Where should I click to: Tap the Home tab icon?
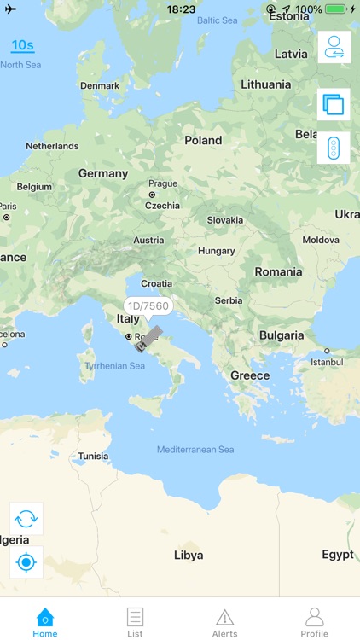tap(44, 617)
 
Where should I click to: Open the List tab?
tap(135, 617)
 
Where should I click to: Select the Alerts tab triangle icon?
tap(224, 617)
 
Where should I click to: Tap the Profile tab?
tap(314, 617)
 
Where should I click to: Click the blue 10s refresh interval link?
tap(22, 45)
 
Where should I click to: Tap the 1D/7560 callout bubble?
tap(148, 305)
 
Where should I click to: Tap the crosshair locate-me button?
tap(26, 562)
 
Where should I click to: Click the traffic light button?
tap(334, 148)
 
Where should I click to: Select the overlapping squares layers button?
tap(334, 105)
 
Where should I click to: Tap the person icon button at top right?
tap(334, 47)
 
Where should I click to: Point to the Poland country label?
tap(203, 140)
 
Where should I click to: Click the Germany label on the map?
tap(103, 173)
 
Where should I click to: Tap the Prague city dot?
tap(152, 195)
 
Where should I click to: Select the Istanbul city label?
tap(326, 362)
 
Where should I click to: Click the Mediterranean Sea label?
tap(195, 450)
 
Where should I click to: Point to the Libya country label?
tap(189, 555)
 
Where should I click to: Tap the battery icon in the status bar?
tap(335, 9)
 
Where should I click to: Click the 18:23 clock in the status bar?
tap(181, 9)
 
